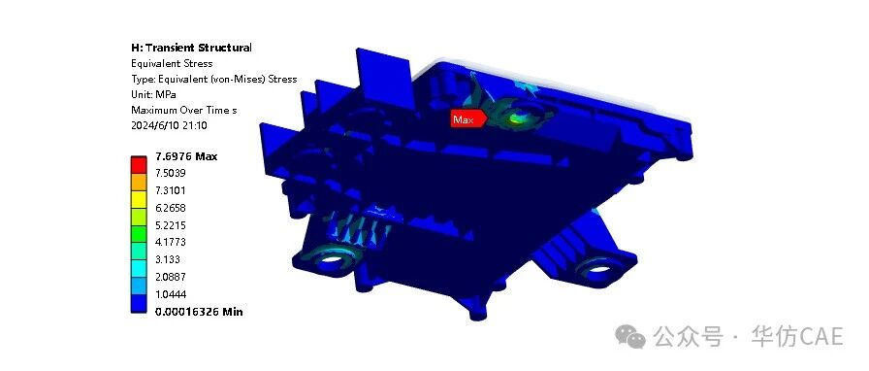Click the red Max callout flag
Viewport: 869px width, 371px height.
[468, 118]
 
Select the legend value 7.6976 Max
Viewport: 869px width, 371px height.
[186, 156]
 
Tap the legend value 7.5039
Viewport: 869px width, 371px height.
[170, 173]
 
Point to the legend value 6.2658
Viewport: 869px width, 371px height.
[170, 208]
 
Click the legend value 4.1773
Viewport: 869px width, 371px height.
[170, 242]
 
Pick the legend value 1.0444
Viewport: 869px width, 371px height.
[170, 294]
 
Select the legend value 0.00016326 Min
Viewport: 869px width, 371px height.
[199, 312]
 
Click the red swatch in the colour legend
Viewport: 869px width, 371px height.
[139, 165]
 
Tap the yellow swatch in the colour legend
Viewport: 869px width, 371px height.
[139, 199]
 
